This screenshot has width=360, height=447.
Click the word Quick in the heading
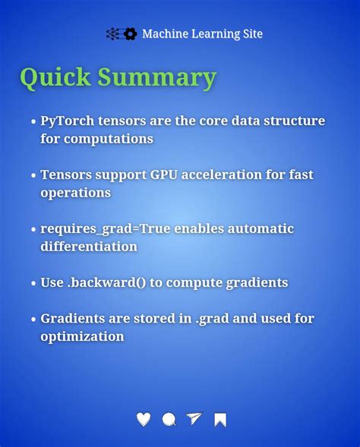coord(57,78)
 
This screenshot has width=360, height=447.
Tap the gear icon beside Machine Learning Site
coord(130,34)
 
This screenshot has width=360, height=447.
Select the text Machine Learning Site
coord(202,34)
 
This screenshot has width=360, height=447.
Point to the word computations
coord(109,139)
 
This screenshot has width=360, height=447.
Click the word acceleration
coord(229,175)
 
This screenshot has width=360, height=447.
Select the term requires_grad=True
coord(106,228)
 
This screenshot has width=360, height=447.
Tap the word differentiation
coord(89,247)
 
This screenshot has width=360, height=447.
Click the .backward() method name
coord(106,282)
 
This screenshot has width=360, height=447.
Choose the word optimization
coord(82,336)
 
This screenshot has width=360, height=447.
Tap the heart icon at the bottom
coord(144,419)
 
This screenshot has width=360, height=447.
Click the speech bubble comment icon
coord(169,419)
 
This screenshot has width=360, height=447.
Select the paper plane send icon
coord(194,419)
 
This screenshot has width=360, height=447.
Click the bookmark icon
coord(220,420)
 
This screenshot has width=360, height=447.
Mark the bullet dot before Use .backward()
coord(33,284)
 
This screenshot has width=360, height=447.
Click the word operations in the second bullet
coord(75,193)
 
